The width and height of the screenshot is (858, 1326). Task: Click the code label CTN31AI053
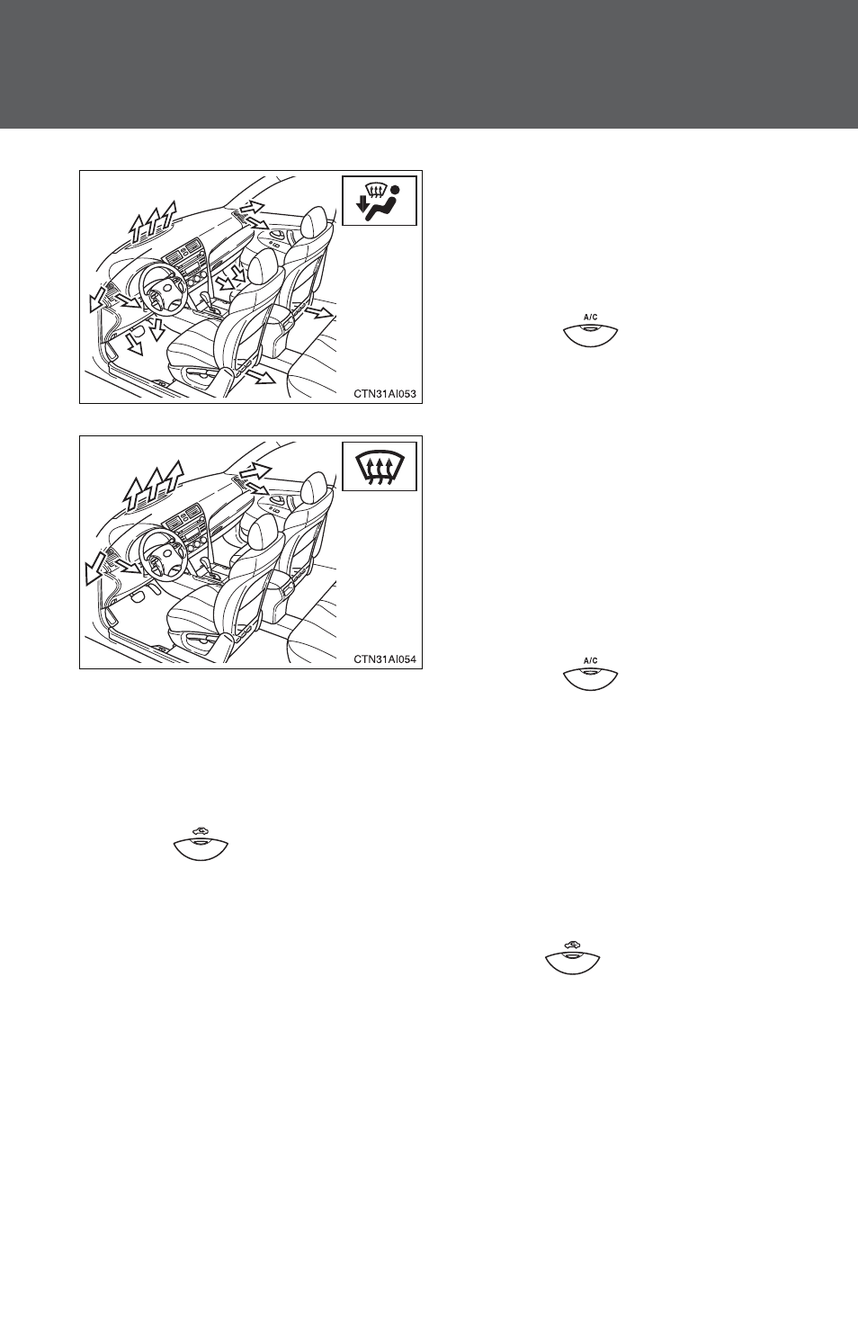click(385, 393)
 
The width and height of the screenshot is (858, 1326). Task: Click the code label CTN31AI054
click(385, 659)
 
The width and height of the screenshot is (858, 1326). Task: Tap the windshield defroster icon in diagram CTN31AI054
click(380, 467)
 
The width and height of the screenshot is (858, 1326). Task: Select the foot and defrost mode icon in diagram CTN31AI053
click(380, 202)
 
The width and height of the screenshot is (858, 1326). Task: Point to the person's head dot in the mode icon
click(395, 190)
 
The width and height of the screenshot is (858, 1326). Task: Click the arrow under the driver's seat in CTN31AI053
click(261, 377)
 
